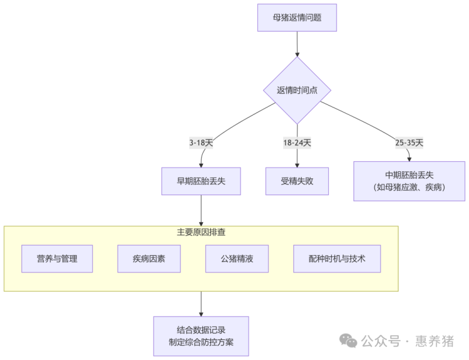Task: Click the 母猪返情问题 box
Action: [297, 18]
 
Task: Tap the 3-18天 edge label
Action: [201, 142]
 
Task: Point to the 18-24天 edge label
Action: [297, 142]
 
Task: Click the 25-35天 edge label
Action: [409, 142]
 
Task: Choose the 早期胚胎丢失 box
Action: [201, 181]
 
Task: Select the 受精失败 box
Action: [297, 181]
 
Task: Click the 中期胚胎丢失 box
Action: [409, 181]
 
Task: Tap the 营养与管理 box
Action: [57, 259]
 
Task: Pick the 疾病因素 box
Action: [149, 259]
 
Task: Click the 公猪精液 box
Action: [237, 259]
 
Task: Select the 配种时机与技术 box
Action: [337, 259]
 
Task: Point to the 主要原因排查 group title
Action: [201, 232]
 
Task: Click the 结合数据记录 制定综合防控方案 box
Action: [201, 336]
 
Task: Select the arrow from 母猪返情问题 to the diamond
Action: [297, 44]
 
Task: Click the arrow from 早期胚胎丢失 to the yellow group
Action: [201, 210]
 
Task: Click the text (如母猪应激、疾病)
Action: [409, 188]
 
